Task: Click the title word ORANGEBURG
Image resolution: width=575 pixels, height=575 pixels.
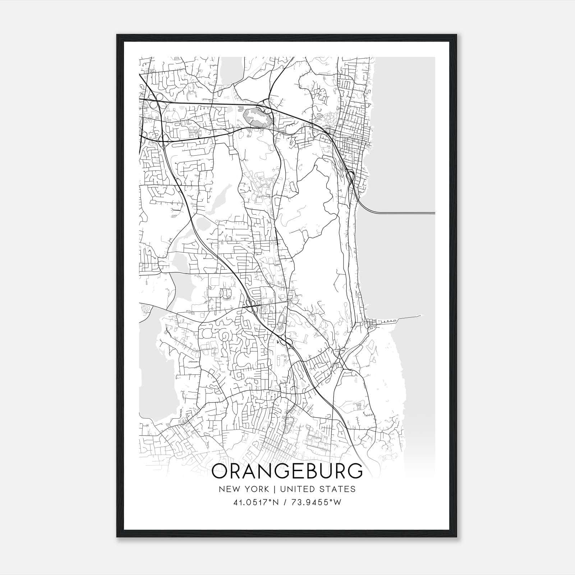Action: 287,471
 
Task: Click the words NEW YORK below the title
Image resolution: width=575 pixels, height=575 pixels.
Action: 243,489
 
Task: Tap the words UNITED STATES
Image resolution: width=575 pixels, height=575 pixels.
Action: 317,489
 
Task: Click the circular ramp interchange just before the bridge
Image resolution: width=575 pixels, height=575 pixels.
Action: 351,176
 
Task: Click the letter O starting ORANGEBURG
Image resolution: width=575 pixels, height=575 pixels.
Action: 220,471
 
